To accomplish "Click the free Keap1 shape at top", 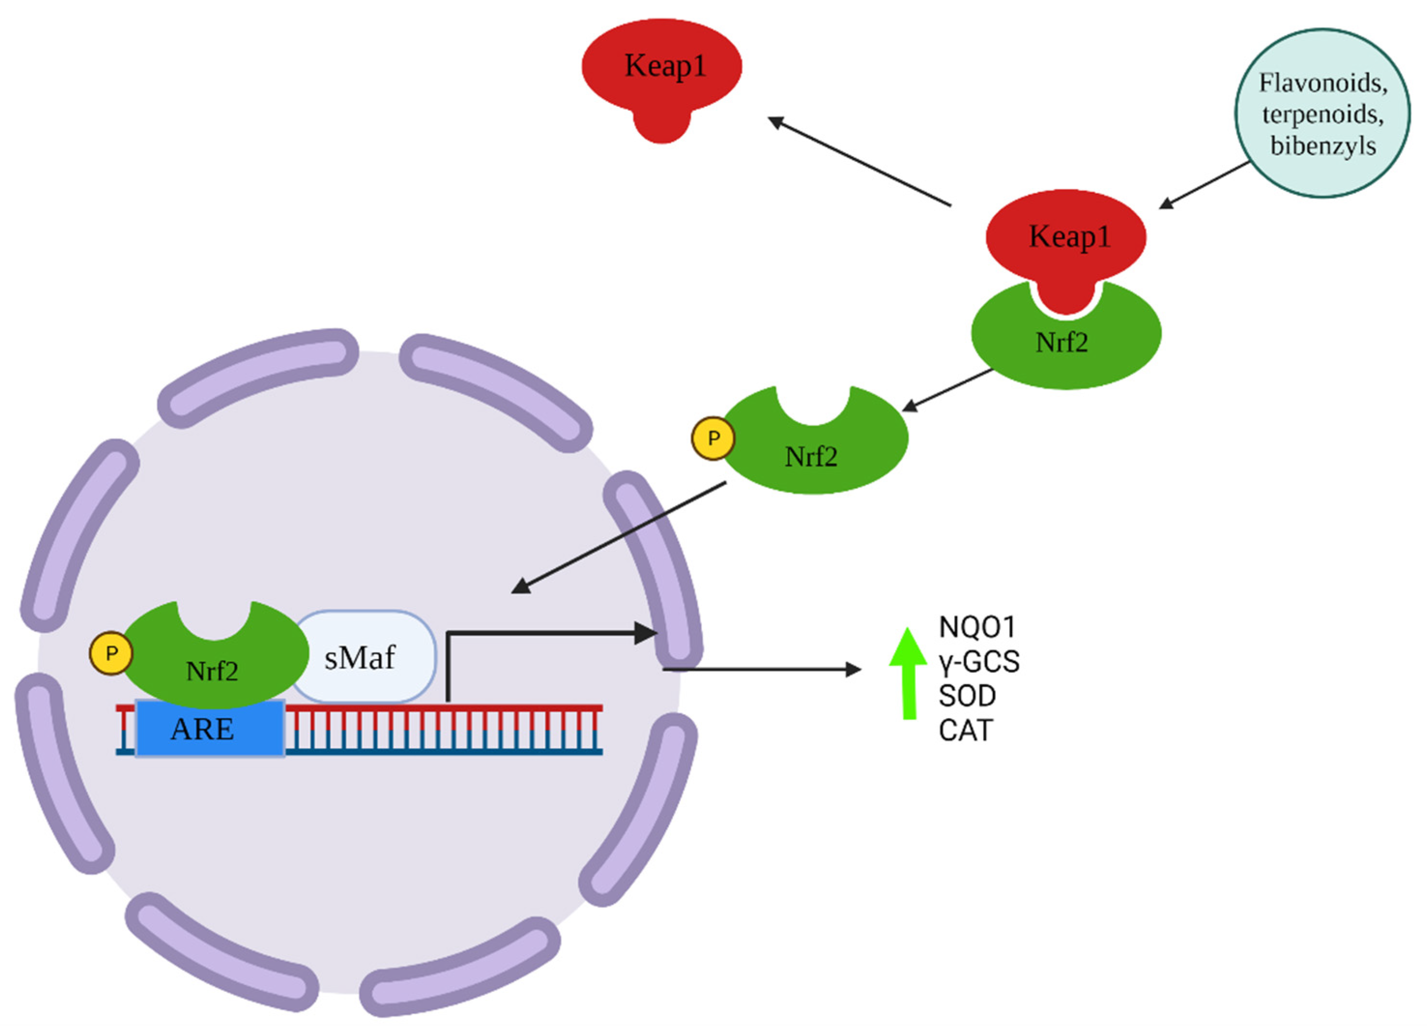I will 661,69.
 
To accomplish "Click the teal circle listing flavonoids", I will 1322,113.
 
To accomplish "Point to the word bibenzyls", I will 1323,146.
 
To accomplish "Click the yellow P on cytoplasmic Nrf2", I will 713,439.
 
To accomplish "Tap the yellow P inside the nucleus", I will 111,654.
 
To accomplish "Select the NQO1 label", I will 977,627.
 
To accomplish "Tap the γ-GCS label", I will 979,662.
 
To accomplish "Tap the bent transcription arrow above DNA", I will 541,633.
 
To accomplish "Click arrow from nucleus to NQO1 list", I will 761,669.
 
